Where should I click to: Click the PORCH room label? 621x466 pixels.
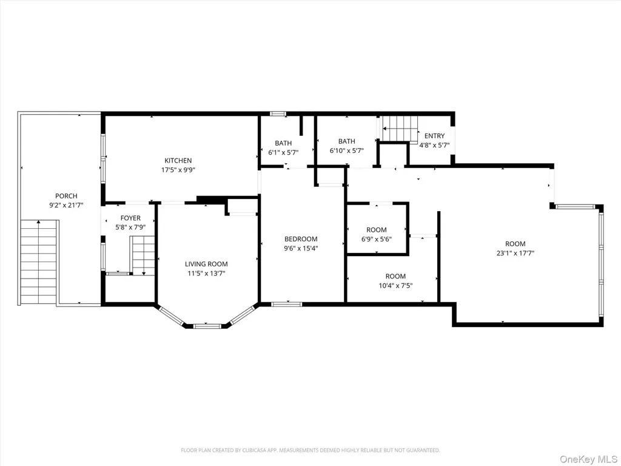point(66,196)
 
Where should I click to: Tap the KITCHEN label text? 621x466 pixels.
point(178,160)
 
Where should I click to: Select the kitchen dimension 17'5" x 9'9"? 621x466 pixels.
point(178,170)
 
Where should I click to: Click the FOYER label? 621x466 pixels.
point(130,218)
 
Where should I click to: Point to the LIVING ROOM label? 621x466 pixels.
point(206,264)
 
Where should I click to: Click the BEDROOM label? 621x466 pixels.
point(301,239)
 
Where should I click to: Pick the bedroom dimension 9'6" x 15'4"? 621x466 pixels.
point(301,248)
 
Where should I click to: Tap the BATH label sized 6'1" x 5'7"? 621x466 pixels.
point(283,143)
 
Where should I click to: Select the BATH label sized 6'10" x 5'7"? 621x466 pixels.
point(346,141)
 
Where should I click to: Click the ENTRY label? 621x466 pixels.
point(434,135)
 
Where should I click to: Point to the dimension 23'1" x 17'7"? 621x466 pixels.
point(515,253)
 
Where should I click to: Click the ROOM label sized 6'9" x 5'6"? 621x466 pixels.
point(376,230)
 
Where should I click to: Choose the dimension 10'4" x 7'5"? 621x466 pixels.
point(395,286)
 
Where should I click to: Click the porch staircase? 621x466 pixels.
point(38,262)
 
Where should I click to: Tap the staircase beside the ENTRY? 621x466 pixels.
point(400,129)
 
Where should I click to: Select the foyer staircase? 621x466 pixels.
point(143,255)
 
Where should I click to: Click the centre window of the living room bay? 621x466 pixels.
point(207,326)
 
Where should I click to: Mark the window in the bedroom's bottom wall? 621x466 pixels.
point(287,305)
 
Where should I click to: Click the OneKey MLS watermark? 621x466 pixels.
point(588,459)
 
